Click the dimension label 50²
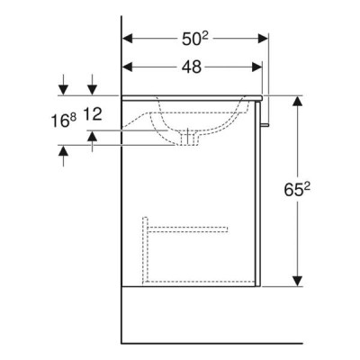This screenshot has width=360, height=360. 195,39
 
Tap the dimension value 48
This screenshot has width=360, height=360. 192,67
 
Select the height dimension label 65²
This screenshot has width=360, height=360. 297,189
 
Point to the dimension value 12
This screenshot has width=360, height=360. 92,114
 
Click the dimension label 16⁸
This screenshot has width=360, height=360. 63,121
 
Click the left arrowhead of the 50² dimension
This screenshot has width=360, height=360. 128,39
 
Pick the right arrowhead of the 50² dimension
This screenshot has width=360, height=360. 263,39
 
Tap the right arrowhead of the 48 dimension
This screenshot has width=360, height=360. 257,67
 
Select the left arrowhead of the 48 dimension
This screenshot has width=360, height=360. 128,67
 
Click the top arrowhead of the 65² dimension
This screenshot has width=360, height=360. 297,101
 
